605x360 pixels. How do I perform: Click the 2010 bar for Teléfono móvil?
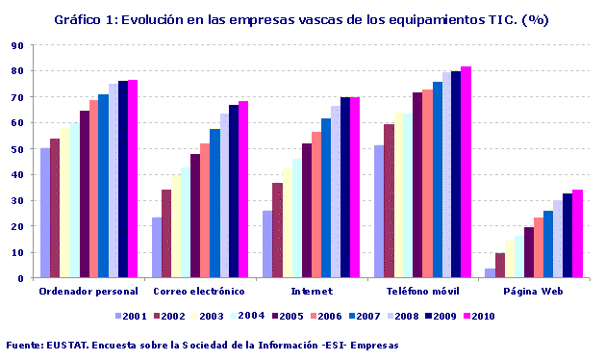click(466, 172)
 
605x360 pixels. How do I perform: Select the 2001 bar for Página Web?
click(490, 273)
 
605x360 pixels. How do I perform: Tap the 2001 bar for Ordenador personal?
click(45, 213)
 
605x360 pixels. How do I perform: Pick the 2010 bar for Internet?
click(355, 188)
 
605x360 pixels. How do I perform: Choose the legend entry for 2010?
click(478, 315)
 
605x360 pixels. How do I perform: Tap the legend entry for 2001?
click(129, 315)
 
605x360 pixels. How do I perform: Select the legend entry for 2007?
click(376, 315)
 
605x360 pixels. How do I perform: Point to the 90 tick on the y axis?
click(18, 45)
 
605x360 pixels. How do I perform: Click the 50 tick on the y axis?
click(18, 149)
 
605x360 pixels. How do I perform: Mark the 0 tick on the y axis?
click(21, 278)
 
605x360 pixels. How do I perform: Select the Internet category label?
click(312, 291)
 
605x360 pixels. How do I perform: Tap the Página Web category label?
click(534, 291)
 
